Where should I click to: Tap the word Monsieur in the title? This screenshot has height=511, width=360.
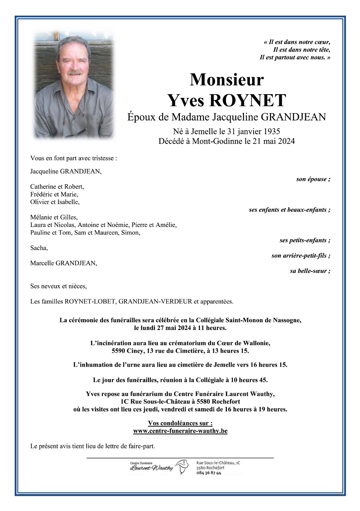click(x=227, y=80)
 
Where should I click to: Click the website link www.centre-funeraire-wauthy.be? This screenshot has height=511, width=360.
click(x=180, y=431)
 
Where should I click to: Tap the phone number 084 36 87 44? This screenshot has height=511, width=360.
click(x=209, y=473)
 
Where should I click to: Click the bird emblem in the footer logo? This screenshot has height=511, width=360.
click(x=182, y=467)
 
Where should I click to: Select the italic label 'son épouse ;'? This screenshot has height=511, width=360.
click(x=313, y=179)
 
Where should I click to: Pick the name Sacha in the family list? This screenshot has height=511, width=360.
click(x=39, y=248)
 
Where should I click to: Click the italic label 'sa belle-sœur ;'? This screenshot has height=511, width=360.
click(x=310, y=271)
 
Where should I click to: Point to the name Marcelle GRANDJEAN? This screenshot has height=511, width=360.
click(x=63, y=263)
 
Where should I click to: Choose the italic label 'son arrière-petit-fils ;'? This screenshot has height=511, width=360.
click(x=301, y=255)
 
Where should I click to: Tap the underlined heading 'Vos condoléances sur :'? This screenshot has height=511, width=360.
click(x=180, y=423)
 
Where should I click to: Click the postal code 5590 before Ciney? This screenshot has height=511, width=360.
click(x=118, y=351)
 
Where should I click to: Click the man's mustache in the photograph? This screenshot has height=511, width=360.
click(x=76, y=73)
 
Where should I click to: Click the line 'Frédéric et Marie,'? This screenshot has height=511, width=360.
click(x=54, y=194)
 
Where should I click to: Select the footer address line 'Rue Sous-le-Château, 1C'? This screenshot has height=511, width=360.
click(x=218, y=463)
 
